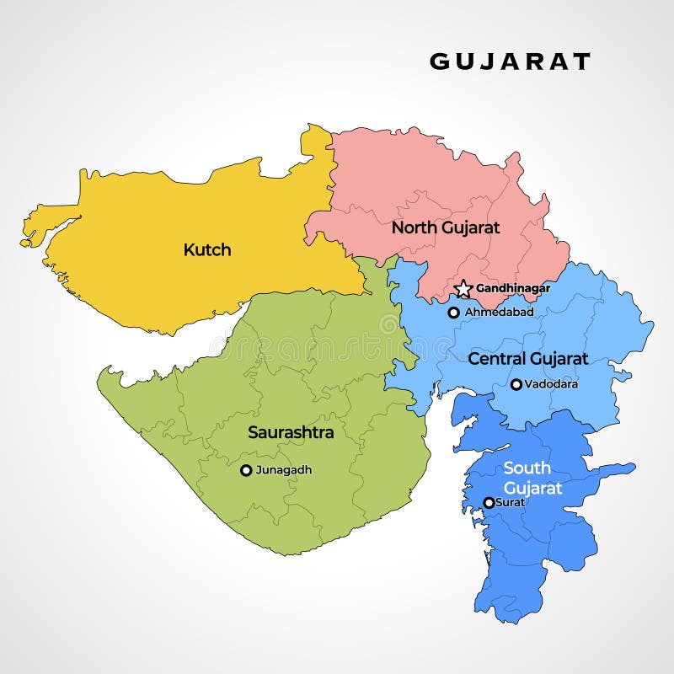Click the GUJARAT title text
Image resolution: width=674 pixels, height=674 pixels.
coord(510,62)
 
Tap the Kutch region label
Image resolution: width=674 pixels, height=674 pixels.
coord(207,250)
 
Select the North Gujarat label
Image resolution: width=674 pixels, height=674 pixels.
coord(446,227)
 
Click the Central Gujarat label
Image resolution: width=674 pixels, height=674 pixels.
coord(527,359)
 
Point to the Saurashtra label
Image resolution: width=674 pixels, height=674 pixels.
coord(291,433)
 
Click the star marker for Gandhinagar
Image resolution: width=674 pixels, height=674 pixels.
coord(463,289)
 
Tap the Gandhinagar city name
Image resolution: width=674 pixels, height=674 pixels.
coord(513,288)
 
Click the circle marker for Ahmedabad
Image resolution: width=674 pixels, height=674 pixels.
coord(453,313)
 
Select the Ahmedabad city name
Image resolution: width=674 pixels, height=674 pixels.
coord(499,312)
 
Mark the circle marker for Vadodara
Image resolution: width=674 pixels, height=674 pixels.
coord(516,384)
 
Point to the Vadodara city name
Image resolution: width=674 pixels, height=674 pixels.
coord(551,384)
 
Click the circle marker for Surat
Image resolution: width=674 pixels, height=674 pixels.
coord(489,503)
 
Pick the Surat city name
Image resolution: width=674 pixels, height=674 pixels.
coord(511,502)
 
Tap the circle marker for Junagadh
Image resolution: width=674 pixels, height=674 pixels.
coord(246,470)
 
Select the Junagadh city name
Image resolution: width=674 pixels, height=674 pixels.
coord(283,470)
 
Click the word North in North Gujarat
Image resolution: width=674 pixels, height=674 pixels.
coord(413,227)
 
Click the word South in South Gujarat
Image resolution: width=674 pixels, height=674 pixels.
coord(527,468)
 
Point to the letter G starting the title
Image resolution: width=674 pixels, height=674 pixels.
coord(439,62)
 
